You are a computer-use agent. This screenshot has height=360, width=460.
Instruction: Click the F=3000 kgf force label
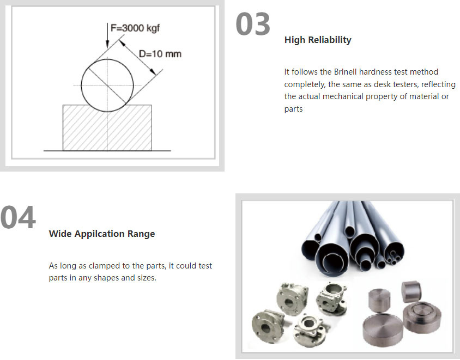[x=135, y=28]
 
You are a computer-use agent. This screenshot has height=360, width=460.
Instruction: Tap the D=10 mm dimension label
[x=160, y=54]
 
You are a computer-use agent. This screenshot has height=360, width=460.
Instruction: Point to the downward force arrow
[x=107, y=35]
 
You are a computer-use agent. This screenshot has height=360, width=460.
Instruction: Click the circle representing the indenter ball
[x=81, y=86]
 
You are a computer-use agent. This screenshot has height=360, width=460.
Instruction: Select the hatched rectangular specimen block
[x=107, y=127]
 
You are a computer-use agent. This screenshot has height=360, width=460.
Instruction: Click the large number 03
[x=252, y=24]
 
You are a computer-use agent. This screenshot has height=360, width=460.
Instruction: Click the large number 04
[x=18, y=217]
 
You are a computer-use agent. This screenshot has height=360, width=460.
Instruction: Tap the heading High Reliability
[x=318, y=40]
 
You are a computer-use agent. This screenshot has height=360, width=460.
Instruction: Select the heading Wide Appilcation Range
[x=102, y=234]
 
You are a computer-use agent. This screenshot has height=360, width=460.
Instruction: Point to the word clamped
[x=104, y=266]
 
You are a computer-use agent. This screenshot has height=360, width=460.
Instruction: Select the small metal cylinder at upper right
[x=411, y=291]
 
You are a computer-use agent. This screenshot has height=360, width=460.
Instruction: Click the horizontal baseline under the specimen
[x=107, y=151]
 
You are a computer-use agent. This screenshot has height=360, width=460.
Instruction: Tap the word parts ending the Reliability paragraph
[x=293, y=109]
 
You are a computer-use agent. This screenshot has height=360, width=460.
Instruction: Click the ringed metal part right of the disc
[x=421, y=318]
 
